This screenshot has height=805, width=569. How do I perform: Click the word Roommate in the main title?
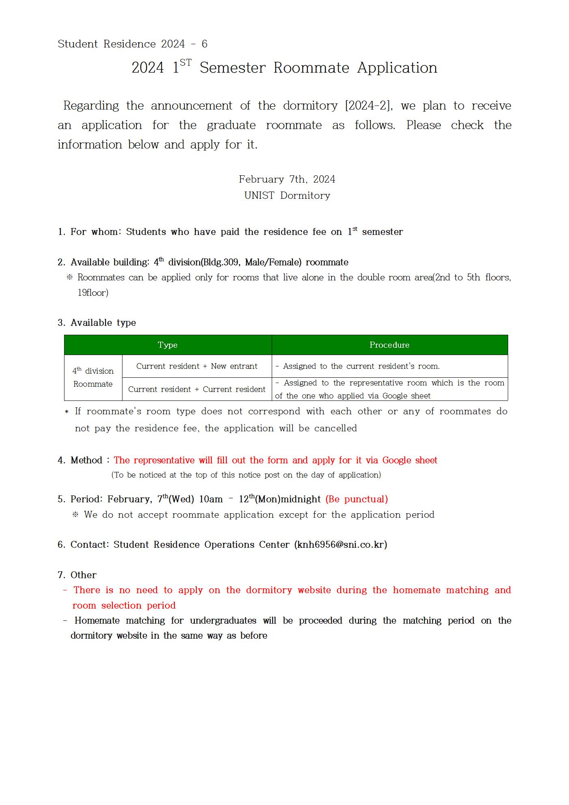tap(311, 68)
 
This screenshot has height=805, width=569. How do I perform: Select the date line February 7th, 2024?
tap(287, 179)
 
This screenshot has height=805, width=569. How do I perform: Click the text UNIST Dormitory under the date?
tap(287, 196)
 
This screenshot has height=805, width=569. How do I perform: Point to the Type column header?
tap(167, 345)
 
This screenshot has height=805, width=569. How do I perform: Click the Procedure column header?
tap(389, 345)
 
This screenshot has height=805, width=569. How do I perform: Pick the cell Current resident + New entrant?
tap(197, 366)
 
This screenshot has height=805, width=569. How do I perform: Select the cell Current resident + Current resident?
tap(197, 390)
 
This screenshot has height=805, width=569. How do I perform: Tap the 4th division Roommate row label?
tap(93, 378)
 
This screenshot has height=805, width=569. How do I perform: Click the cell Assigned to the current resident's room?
tap(361, 366)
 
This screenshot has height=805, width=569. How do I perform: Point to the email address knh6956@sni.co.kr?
tap(341, 545)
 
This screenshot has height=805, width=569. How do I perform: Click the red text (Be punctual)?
tap(356, 499)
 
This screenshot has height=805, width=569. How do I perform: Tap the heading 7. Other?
tap(77, 575)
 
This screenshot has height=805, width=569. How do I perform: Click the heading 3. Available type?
tap(97, 323)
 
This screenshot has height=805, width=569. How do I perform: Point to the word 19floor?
tap(93, 293)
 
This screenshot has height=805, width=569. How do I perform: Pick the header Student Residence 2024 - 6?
tap(133, 44)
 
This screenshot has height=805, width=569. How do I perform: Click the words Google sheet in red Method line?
tap(410, 461)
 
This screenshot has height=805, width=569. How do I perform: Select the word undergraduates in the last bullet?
tap(223, 621)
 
